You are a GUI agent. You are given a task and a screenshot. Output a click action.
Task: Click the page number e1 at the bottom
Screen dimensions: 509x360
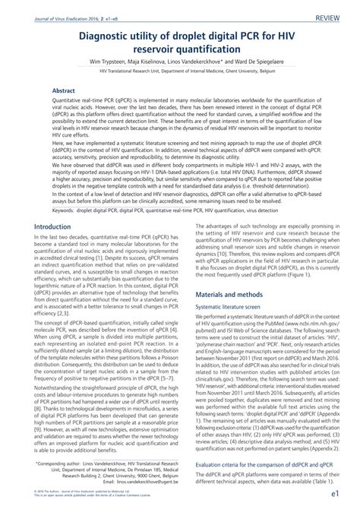339,494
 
